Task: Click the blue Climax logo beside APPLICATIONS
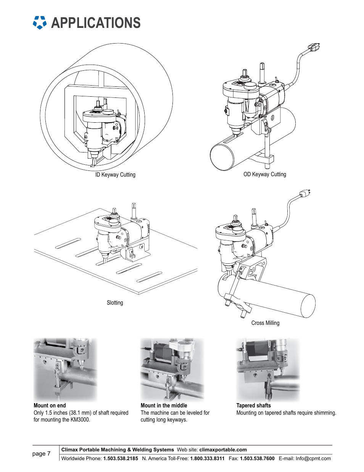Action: coord(40,23)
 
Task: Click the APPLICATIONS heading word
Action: coord(96,23)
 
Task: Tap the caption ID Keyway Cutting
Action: coord(115,175)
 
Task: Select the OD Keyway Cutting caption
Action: coord(265,174)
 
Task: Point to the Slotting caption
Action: coord(115,303)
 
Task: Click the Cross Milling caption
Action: coord(265,323)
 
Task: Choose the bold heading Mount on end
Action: coord(50,405)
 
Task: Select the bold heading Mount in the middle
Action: coord(164,405)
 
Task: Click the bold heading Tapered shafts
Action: coord(253,405)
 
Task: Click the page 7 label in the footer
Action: coord(41,454)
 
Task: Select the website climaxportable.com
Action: coord(223,449)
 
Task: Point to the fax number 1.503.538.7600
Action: coord(257,459)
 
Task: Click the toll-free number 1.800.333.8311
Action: coord(207,459)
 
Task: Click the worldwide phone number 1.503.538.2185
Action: coord(121,459)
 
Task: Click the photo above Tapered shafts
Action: coord(268,370)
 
